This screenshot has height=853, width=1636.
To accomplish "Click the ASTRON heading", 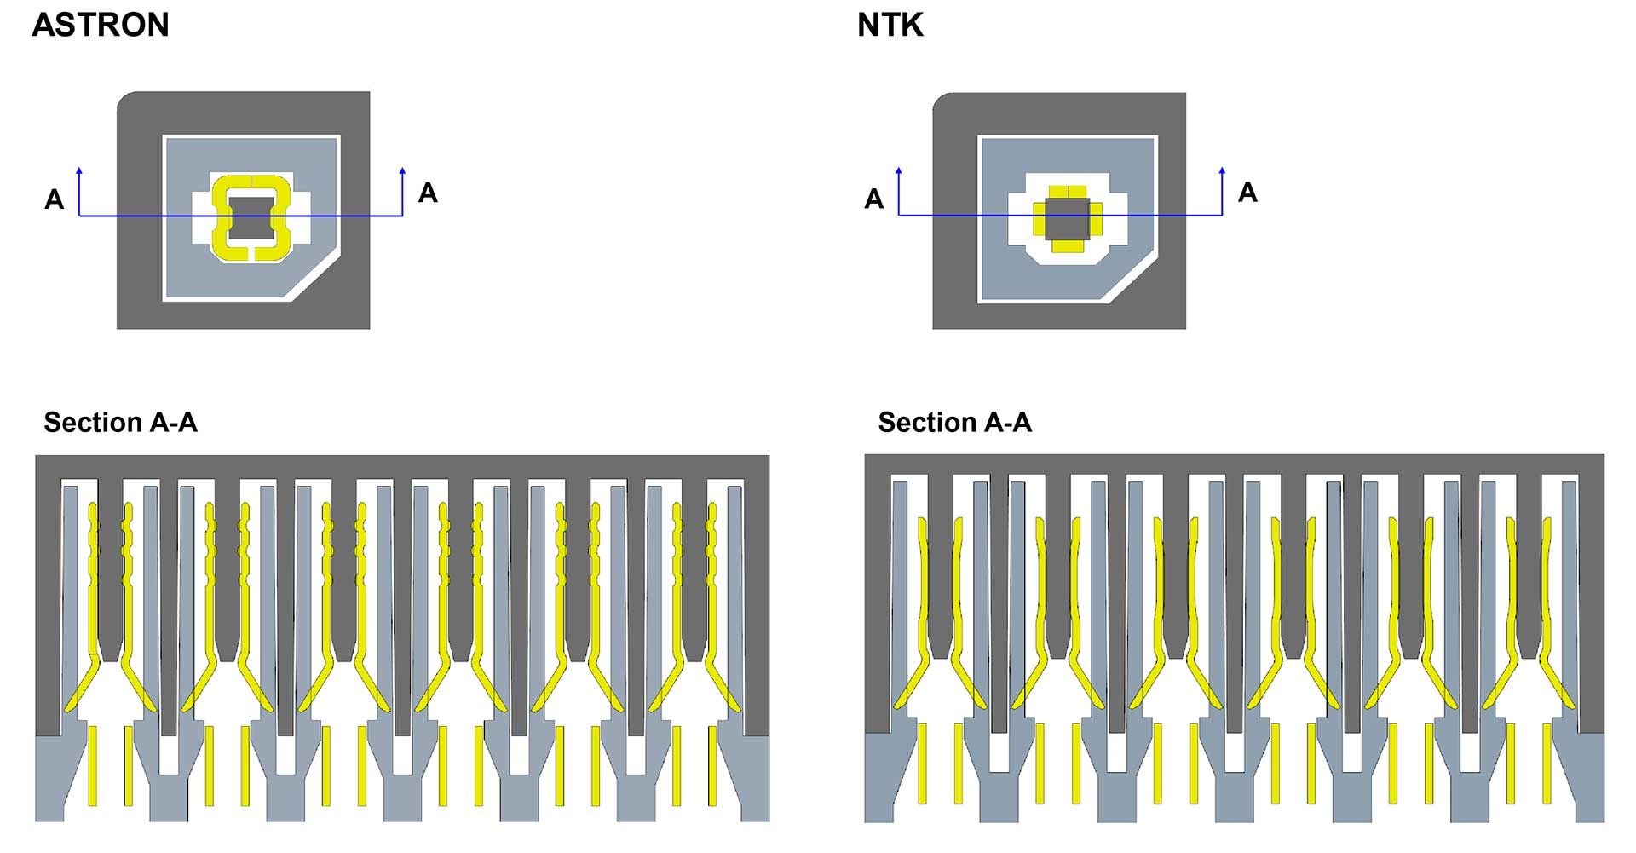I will pyautogui.click(x=101, y=25).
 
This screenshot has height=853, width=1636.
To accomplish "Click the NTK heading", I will pyautogui.click(x=890, y=26).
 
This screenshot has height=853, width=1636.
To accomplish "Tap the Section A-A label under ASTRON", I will pyautogui.click(x=120, y=423).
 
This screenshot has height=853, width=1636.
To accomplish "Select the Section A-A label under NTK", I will pyautogui.click(x=954, y=423).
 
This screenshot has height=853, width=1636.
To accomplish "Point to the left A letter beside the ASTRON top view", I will pyautogui.click(x=55, y=199).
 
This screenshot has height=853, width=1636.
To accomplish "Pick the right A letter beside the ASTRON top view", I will pyautogui.click(x=428, y=193).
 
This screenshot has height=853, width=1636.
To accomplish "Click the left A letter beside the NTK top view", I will pyautogui.click(x=874, y=199).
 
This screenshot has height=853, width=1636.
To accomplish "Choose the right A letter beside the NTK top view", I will pyautogui.click(x=1247, y=193).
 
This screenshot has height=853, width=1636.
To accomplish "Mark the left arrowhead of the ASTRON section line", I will pyautogui.click(x=79, y=171).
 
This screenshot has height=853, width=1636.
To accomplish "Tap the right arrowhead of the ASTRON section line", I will pyautogui.click(x=403, y=171).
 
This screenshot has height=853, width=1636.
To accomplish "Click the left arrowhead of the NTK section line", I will pyautogui.click(x=899, y=171).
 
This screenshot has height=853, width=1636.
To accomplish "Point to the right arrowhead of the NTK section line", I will pyautogui.click(x=1223, y=171).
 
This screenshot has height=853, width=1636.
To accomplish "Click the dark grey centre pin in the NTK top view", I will pyautogui.click(x=1068, y=218).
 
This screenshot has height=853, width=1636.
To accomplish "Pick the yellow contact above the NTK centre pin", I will pyautogui.click(x=1068, y=191).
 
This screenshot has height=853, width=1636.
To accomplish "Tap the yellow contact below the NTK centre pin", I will pyautogui.click(x=1068, y=246).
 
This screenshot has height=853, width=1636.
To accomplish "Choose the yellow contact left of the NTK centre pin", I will pyautogui.click(x=1039, y=218).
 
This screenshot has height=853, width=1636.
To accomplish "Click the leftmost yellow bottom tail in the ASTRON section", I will pyautogui.click(x=93, y=765).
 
